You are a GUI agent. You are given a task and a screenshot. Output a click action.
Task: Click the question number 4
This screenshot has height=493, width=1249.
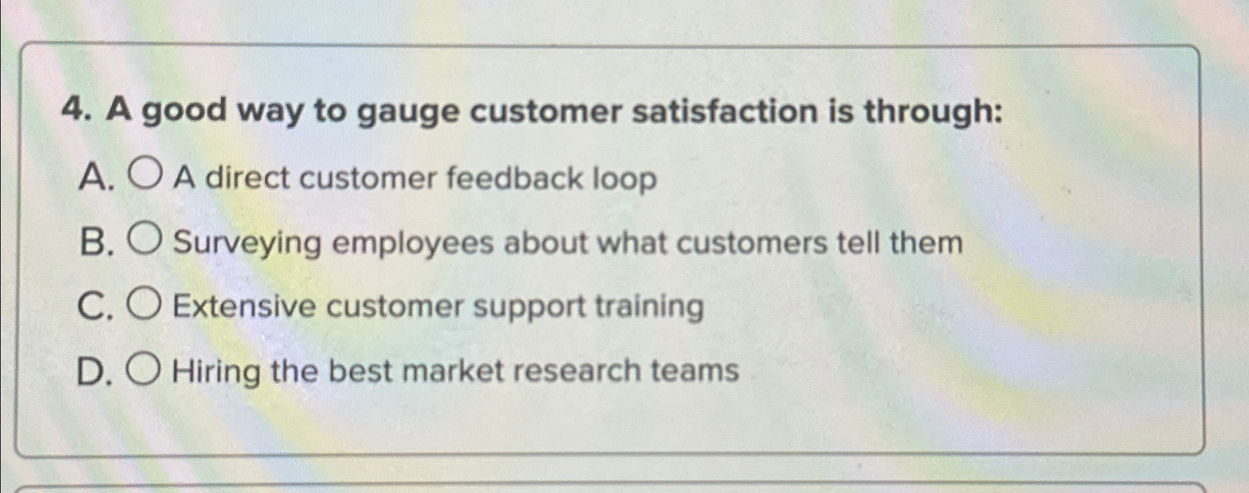tap(75, 113)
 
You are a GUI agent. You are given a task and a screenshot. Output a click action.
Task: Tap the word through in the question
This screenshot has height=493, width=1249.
tap(933, 113)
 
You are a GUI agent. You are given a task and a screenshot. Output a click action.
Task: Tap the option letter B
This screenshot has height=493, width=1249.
tap(93, 242)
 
